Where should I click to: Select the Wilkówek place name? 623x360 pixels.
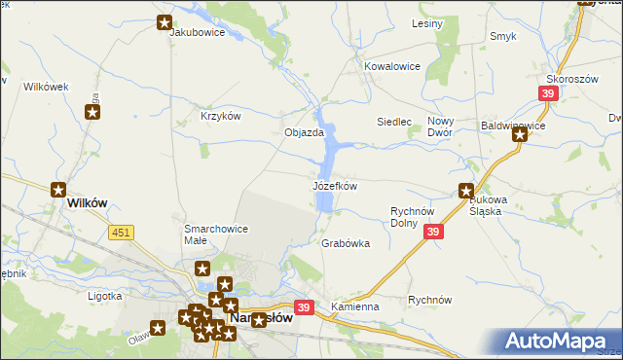click(x=46, y=87)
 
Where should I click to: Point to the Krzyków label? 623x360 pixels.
click(x=220, y=115)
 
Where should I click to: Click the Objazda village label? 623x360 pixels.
click(x=303, y=132)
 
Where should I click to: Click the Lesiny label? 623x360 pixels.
click(x=427, y=22)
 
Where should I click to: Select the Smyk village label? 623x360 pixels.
click(x=503, y=37)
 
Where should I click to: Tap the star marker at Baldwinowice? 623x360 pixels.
click(x=521, y=135)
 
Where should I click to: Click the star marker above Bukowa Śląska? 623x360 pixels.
click(x=467, y=192)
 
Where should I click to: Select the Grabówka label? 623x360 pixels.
click(x=346, y=244)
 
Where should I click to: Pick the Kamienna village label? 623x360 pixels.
click(x=354, y=306)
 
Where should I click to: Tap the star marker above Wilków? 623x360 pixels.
click(x=59, y=190)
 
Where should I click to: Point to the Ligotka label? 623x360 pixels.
click(x=104, y=295)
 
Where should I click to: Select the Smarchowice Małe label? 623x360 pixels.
click(x=216, y=234)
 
